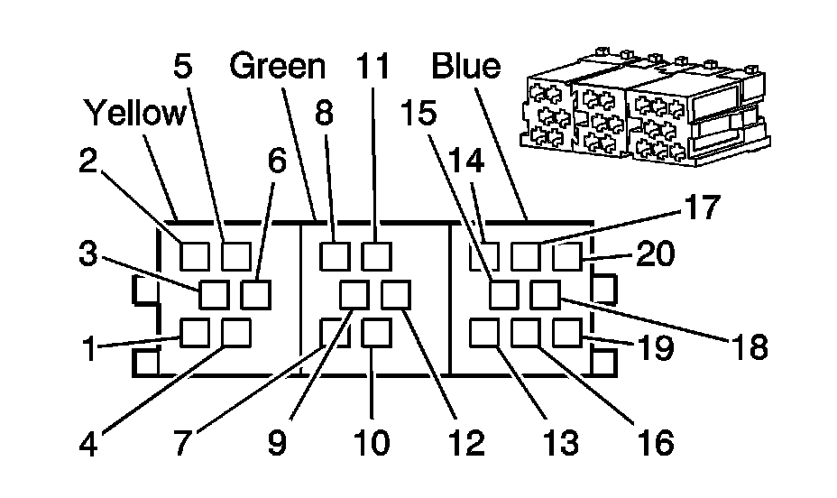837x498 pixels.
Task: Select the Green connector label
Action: tap(276, 66)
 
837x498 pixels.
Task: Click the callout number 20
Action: tap(656, 255)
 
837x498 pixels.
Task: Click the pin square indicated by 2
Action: tap(196, 256)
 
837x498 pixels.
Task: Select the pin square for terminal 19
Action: tap(566, 334)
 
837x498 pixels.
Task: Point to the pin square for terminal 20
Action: tap(566, 257)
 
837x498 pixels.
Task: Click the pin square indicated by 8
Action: tap(336, 256)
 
